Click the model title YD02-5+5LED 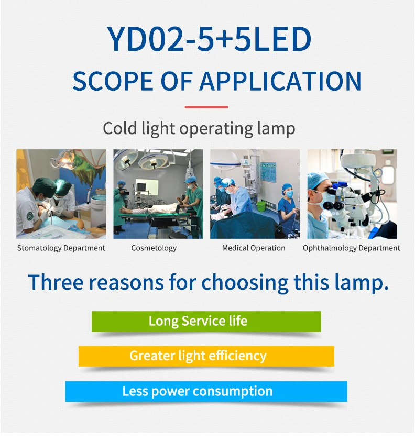(209, 39)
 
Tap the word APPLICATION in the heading (280, 81)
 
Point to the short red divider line (206, 107)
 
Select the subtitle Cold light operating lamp (199, 128)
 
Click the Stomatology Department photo (61, 194)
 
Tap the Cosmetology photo (158, 194)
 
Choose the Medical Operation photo (255, 194)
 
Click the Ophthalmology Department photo (352, 194)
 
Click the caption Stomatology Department (61, 248)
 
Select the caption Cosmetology (154, 248)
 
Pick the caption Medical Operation (254, 248)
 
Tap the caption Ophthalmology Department (352, 248)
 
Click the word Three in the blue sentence (56, 282)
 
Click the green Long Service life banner (206, 321)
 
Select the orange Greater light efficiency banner (206, 356)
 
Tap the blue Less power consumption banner (206, 391)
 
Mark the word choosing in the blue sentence (245, 282)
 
